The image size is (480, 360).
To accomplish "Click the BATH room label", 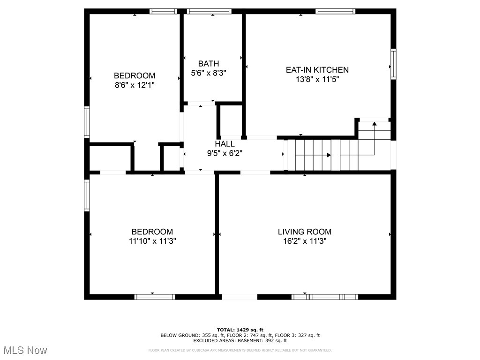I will (x=208, y=64).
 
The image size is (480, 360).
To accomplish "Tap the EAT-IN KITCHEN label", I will (x=317, y=70).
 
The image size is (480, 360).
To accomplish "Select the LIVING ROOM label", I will (x=305, y=232).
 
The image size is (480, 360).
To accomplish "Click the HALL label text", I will (x=225, y=144).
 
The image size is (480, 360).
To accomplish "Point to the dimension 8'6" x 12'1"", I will (x=135, y=85).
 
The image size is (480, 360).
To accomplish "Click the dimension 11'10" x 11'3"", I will (x=152, y=241).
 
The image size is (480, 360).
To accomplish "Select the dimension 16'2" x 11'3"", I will (x=305, y=241).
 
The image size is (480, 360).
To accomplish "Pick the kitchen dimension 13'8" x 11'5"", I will (x=317, y=80).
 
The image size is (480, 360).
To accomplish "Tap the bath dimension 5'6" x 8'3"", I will (x=208, y=73).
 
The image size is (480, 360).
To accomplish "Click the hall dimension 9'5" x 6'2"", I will (x=225, y=153).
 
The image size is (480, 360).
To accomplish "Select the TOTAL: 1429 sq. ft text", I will (x=240, y=330).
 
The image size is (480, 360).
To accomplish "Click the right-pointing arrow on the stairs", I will (x=329, y=155).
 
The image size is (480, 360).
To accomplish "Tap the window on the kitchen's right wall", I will (x=393, y=64).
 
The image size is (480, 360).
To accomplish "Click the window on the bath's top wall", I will (x=209, y=11).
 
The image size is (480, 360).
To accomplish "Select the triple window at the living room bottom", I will (x=325, y=297).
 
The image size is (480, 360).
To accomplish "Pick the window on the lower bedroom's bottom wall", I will (x=155, y=297).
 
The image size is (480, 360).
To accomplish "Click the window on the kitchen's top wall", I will (x=335, y=11).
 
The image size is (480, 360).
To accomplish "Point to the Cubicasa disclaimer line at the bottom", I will (x=240, y=350).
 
